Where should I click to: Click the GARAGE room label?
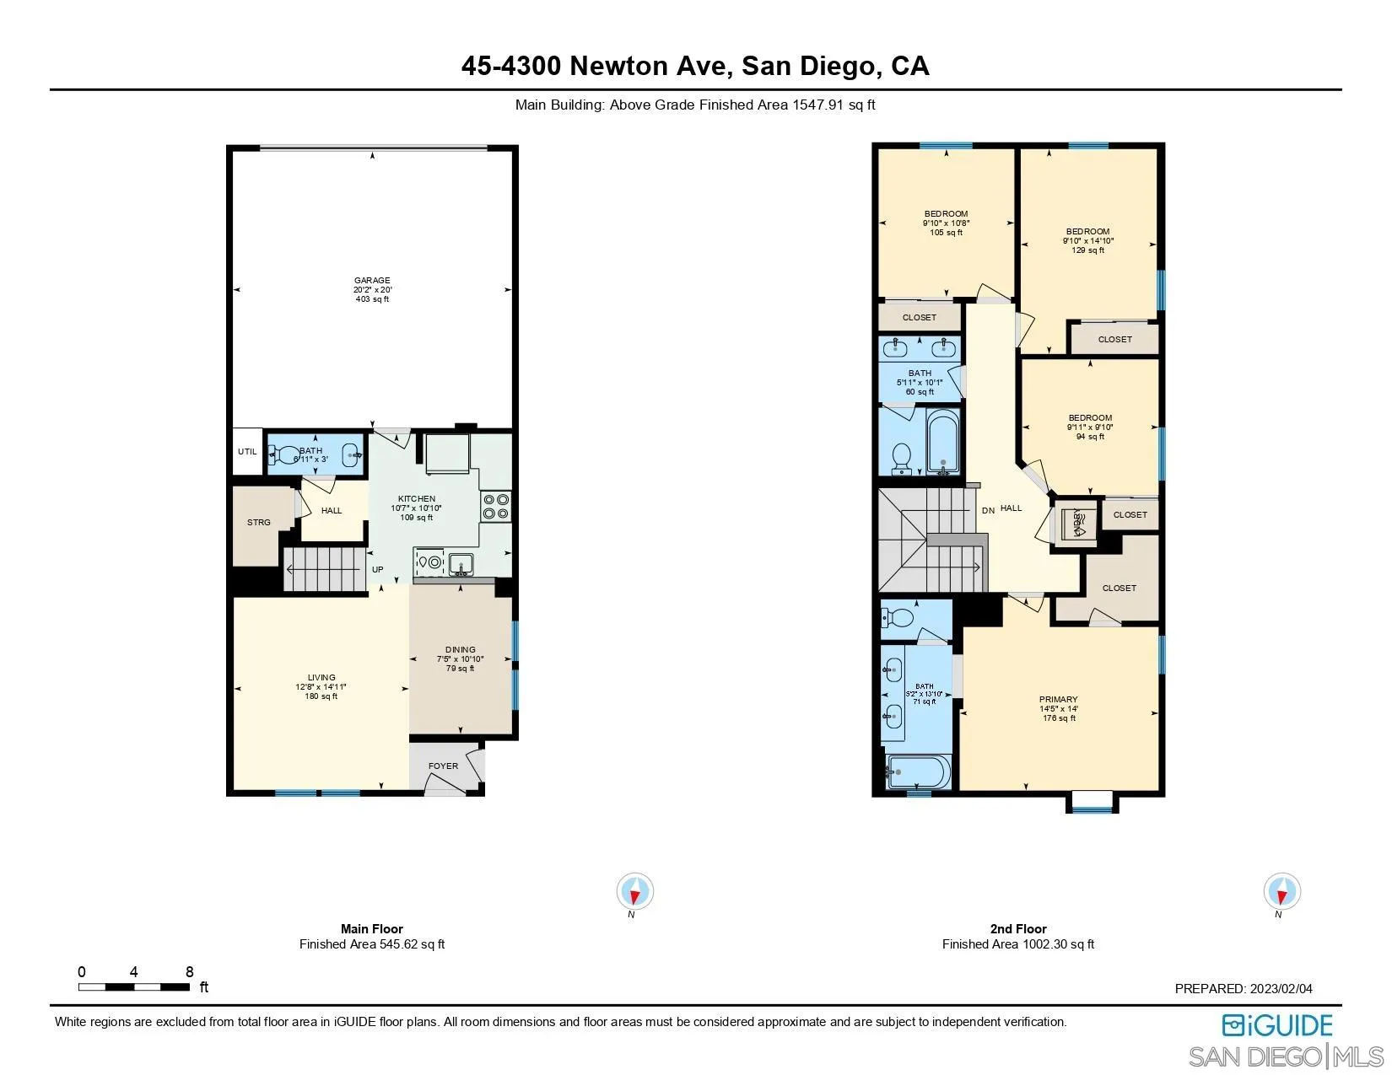tap(372, 281)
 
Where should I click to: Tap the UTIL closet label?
tap(247, 452)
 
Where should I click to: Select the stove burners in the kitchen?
tap(495, 506)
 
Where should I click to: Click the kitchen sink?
tap(461, 562)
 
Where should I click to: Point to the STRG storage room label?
tap(259, 523)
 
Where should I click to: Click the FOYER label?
tap(443, 766)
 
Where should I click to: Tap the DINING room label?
tap(461, 650)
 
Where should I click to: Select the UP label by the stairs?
tap(378, 570)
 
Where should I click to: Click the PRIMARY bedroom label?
tap(1059, 700)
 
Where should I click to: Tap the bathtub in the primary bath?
tap(918, 771)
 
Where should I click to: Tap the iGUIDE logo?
tap(1277, 1025)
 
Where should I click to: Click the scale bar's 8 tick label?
tap(189, 972)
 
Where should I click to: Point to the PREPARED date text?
tap(1244, 989)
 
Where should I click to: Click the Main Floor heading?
tap(372, 929)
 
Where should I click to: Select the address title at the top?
tap(695, 67)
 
